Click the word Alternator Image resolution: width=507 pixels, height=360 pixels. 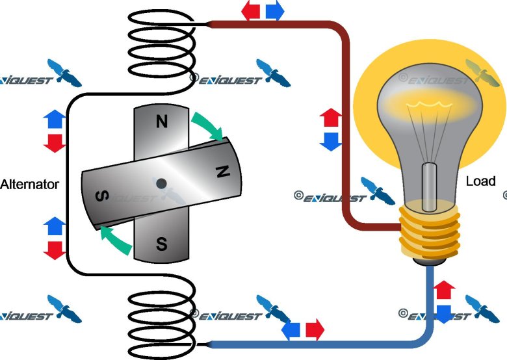(x=30, y=184)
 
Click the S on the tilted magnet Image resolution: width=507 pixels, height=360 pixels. (x=102, y=196)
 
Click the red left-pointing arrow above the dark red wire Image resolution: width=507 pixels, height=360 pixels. (x=251, y=11)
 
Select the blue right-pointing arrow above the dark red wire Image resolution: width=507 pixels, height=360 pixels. (x=274, y=11)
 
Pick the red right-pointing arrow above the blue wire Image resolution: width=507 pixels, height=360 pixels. (x=315, y=329)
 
